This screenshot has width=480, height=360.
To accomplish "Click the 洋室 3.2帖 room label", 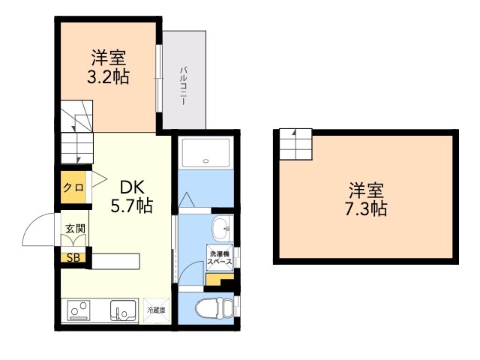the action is click(x=108, y=67).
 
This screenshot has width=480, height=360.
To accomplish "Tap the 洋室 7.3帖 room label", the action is click(x=366, y=199).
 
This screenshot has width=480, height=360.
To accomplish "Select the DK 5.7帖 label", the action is click(x=132, y=196).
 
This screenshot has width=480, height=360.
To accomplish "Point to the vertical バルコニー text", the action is click(x=183, y=86).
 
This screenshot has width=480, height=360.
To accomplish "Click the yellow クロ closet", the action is click(x=73, y=187).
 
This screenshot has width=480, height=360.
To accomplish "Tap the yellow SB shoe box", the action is click(x=73, y=258).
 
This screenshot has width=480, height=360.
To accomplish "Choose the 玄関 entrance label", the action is click(x=75, y=228).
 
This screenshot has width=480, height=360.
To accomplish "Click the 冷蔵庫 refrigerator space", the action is click(x=156, y=310).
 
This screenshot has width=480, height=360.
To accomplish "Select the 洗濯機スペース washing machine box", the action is click(x=220, y=258).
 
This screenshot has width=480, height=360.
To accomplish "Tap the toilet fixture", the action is click(x=214, y=308).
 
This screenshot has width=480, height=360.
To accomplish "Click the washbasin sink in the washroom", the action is click(x=220, y=229).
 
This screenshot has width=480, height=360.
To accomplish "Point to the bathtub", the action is click(x=205, y=152).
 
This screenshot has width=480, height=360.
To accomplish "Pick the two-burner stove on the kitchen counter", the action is click(x=79, y=310).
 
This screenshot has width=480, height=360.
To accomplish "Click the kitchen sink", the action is click(x=123, y=310).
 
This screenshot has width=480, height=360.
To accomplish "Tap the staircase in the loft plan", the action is click(x=295, y=145).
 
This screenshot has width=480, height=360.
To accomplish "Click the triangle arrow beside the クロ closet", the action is click(x=99, y=178).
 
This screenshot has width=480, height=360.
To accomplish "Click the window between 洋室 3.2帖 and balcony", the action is click(x=158, y=78).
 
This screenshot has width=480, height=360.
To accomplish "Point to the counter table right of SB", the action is click(x=115, y=262).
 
